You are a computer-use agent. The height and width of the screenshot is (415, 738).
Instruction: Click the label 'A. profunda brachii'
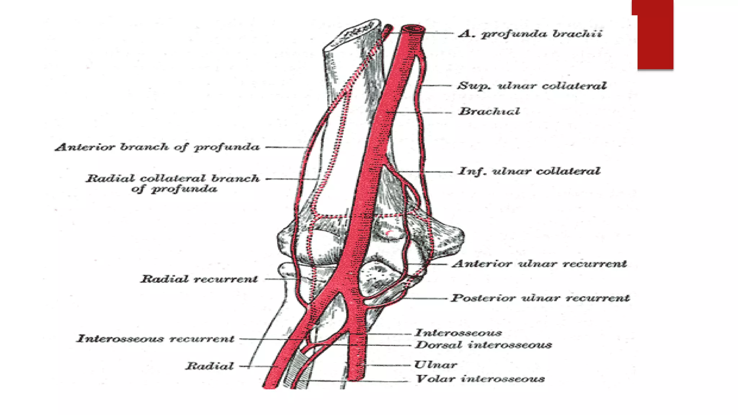(x=530, y=34)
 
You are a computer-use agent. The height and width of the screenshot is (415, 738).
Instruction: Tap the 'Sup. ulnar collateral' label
(x=532, y=86)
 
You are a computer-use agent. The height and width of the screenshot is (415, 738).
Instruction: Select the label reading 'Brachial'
(x=489, y=111)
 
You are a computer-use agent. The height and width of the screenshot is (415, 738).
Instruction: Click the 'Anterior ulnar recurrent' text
(x=539, y=264)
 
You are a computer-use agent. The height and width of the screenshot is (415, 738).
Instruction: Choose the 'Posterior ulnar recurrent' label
(x=541, y=298)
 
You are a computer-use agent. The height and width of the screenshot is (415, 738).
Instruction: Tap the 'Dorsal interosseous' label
(x=483, y=345)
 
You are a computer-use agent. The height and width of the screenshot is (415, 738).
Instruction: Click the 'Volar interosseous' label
(x=480, y=379)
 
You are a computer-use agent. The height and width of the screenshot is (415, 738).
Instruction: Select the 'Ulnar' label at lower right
(x=436, y=365)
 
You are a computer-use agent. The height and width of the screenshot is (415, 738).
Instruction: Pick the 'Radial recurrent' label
(x=199, y=279)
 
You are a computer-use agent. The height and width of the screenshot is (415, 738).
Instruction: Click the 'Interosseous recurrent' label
(x=155, y=339)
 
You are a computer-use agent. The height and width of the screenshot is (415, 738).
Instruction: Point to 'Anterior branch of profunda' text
(x=157, y=147)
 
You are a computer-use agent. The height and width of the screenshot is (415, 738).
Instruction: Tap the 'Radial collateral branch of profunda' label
(x=173, y=184)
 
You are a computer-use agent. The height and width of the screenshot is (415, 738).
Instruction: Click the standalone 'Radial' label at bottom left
(x=209, y=366)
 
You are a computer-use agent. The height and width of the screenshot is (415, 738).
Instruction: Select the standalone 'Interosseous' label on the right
(x=458, y=333)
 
